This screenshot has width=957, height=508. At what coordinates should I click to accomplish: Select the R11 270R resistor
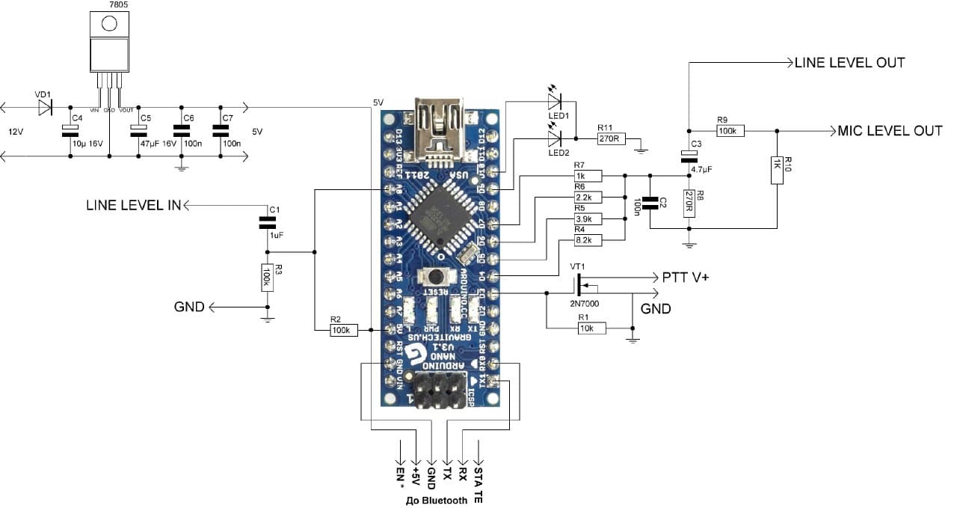click(609, 138)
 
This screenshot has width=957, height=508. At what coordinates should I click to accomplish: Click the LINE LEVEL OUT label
click(849, 63)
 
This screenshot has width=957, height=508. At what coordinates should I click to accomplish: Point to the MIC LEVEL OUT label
click(890, 131)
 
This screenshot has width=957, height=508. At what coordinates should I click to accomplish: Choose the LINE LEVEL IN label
click(133, 204)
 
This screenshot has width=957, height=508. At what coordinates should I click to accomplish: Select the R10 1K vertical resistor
click(777, 169)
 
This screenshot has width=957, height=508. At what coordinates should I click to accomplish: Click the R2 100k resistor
click(344, 329)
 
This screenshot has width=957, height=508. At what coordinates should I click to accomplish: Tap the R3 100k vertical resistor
click(266, 277)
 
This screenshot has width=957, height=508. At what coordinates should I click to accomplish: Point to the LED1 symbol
click(555, 97)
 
